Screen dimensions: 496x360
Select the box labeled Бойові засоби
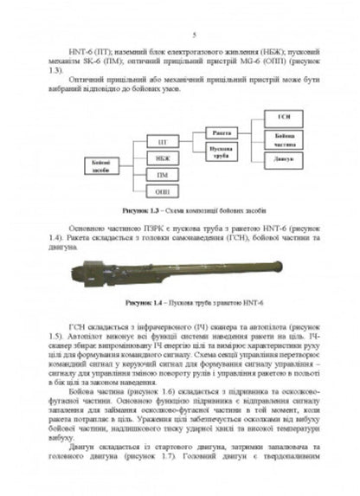[x=102, y=165]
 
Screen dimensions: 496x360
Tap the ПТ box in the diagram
[x=163, y=140]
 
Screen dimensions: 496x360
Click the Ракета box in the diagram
[x=220, y=132]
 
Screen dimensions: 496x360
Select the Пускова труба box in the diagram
[x=220, y=151]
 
